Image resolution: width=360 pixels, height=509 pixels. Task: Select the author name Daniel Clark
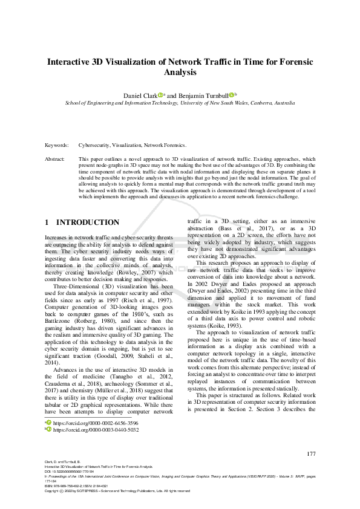[x=140, y=96]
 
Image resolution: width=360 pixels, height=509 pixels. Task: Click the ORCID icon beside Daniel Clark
[x=161, y=95]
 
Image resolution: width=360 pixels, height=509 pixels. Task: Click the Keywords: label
[x=56, y=146]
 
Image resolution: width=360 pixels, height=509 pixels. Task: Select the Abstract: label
[x=55, y=159]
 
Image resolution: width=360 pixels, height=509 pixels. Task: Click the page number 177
[x=311, y=454]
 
